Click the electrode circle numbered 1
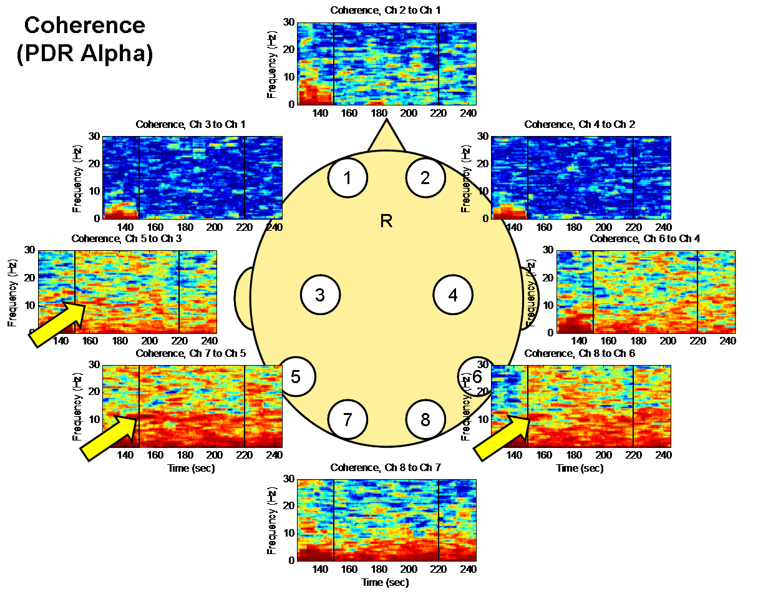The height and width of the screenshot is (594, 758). coord(347,178)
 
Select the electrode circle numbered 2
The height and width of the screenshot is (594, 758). coord(425,178)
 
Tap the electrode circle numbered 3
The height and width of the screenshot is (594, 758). coord(320,295)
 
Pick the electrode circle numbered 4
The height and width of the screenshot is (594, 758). coord(453,295)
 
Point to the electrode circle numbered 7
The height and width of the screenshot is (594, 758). coord(347,419)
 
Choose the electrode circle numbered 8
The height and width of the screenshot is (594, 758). coord(425,419)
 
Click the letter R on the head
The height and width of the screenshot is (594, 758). coord(386,221)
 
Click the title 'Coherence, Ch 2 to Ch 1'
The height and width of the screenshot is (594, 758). coord(386,10)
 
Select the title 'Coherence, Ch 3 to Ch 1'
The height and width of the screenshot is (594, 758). coord(191,125)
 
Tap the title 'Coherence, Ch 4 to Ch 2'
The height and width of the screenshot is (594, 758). coord(580,125)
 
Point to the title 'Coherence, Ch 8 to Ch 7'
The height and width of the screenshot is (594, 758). coord(386,467)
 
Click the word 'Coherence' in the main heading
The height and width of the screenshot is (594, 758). coord(85,26)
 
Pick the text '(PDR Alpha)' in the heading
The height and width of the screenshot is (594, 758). coord(85,54)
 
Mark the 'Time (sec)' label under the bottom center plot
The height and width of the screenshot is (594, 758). coord(386,582)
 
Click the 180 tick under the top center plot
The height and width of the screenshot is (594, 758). coord(379,114)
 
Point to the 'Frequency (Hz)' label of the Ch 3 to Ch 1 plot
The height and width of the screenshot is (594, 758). coord(77,180)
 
